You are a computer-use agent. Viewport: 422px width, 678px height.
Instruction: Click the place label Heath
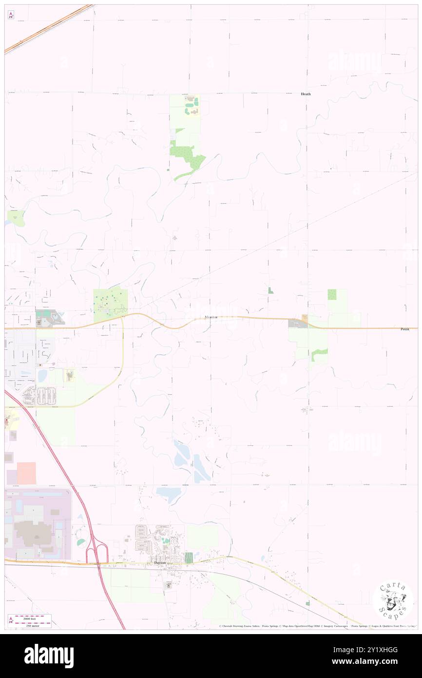pos(306,94)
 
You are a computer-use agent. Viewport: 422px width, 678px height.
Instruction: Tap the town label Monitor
pos(211,318)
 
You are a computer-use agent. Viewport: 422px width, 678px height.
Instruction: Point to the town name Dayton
pos(160,562)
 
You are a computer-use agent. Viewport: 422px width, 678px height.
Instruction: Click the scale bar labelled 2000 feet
pos(33,620)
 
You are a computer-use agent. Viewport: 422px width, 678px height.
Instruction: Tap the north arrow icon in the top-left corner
pos(11,15)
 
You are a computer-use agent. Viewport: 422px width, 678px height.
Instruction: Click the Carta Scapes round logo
pos(393,601)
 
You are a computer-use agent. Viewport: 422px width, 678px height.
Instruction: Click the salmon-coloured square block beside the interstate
pos(26,473)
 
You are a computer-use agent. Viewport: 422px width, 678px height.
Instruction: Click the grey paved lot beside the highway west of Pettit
pos(295,323)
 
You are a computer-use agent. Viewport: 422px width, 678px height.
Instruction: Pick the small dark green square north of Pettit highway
pos(332,295)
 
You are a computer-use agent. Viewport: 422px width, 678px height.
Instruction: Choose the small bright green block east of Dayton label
pos(189,558)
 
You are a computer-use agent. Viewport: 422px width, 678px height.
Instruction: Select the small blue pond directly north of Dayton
pos(169,494)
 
